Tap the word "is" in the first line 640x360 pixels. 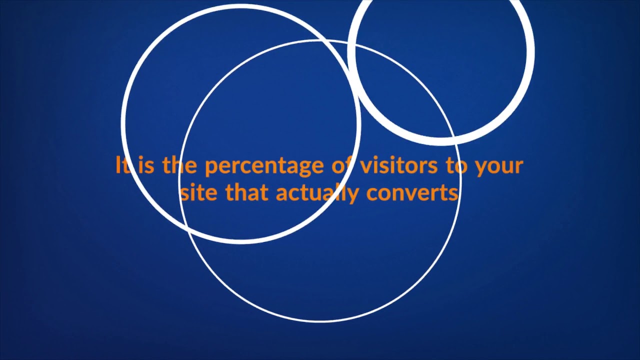point(145,165)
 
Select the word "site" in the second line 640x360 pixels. point(199,192)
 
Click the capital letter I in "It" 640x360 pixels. point(118,165)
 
